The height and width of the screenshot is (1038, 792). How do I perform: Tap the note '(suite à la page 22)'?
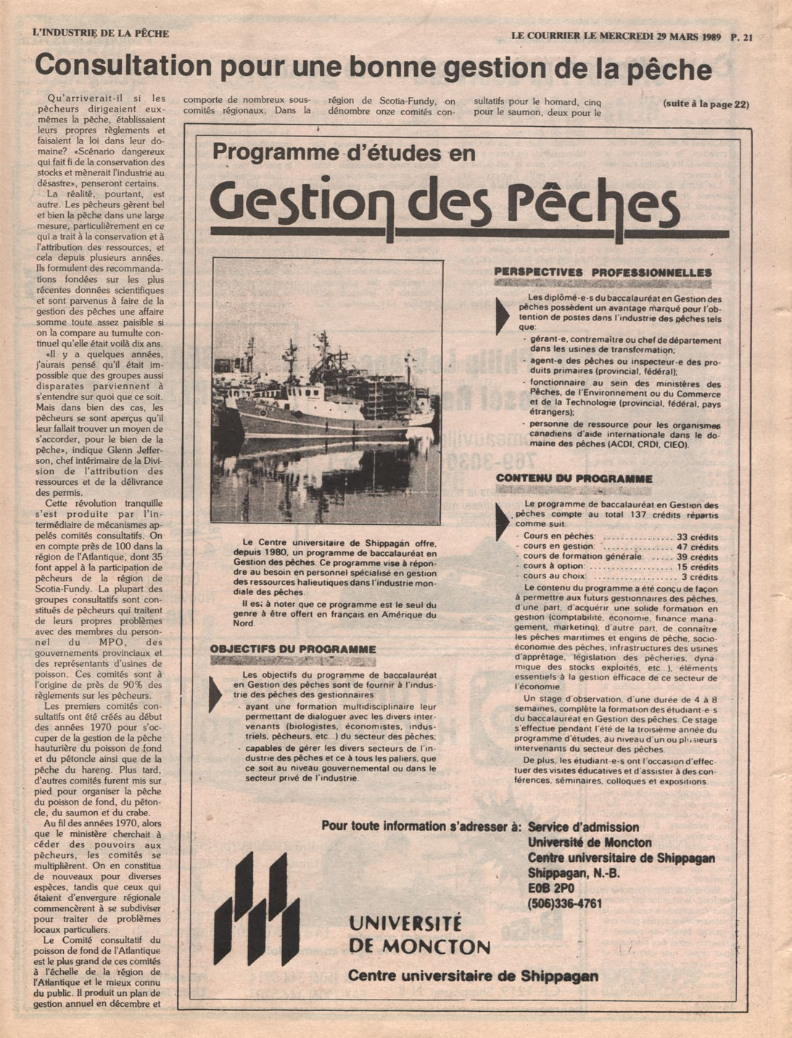coord(706,104)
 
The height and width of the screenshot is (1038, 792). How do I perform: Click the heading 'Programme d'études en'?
coord(344,153)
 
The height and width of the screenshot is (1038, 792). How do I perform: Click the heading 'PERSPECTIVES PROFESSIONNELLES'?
coord(603,273)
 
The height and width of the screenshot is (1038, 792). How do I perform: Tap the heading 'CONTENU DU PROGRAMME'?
coord(574,478)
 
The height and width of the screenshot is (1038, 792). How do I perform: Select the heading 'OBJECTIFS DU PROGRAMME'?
coord(293,649)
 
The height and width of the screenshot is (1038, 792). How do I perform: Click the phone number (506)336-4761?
coord(564,903)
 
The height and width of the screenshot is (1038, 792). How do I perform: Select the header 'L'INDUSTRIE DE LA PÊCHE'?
coord(101,33)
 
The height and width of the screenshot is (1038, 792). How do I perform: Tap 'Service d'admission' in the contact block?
coord(583,827)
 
